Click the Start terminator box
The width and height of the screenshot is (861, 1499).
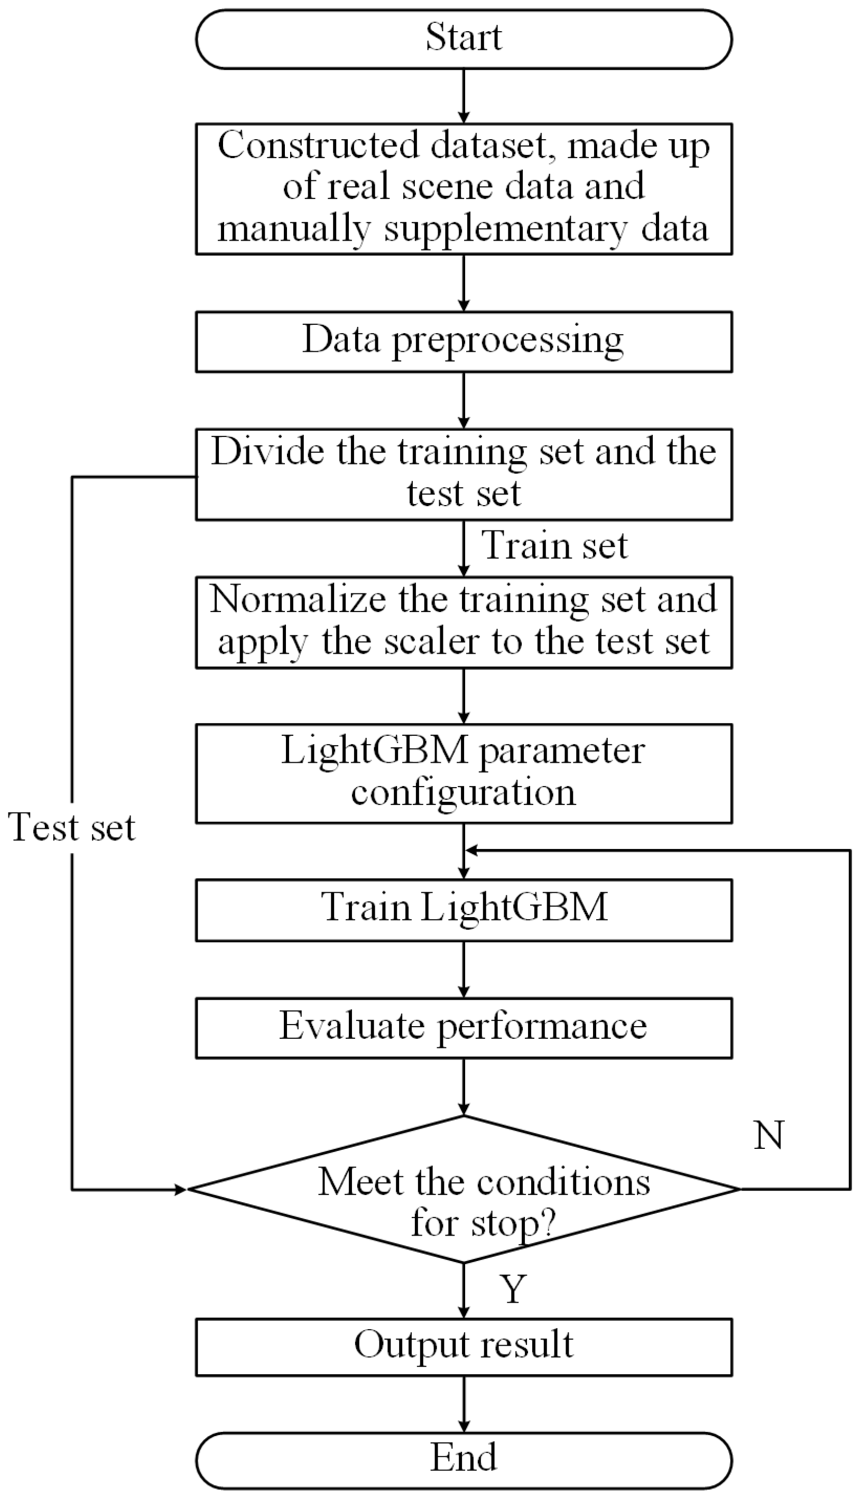pos(464,39)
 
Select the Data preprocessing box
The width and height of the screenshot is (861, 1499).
pos(464,342)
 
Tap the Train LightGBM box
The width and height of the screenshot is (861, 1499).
pos(464,909)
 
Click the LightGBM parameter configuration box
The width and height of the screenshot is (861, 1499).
pos(464,773)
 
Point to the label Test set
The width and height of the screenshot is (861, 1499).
pos(71,827)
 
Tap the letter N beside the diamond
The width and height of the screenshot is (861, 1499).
pos(769,1135)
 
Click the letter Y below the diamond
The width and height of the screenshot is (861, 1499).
pos(513,1289)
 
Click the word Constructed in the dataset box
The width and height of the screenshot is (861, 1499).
pos(318,145)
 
